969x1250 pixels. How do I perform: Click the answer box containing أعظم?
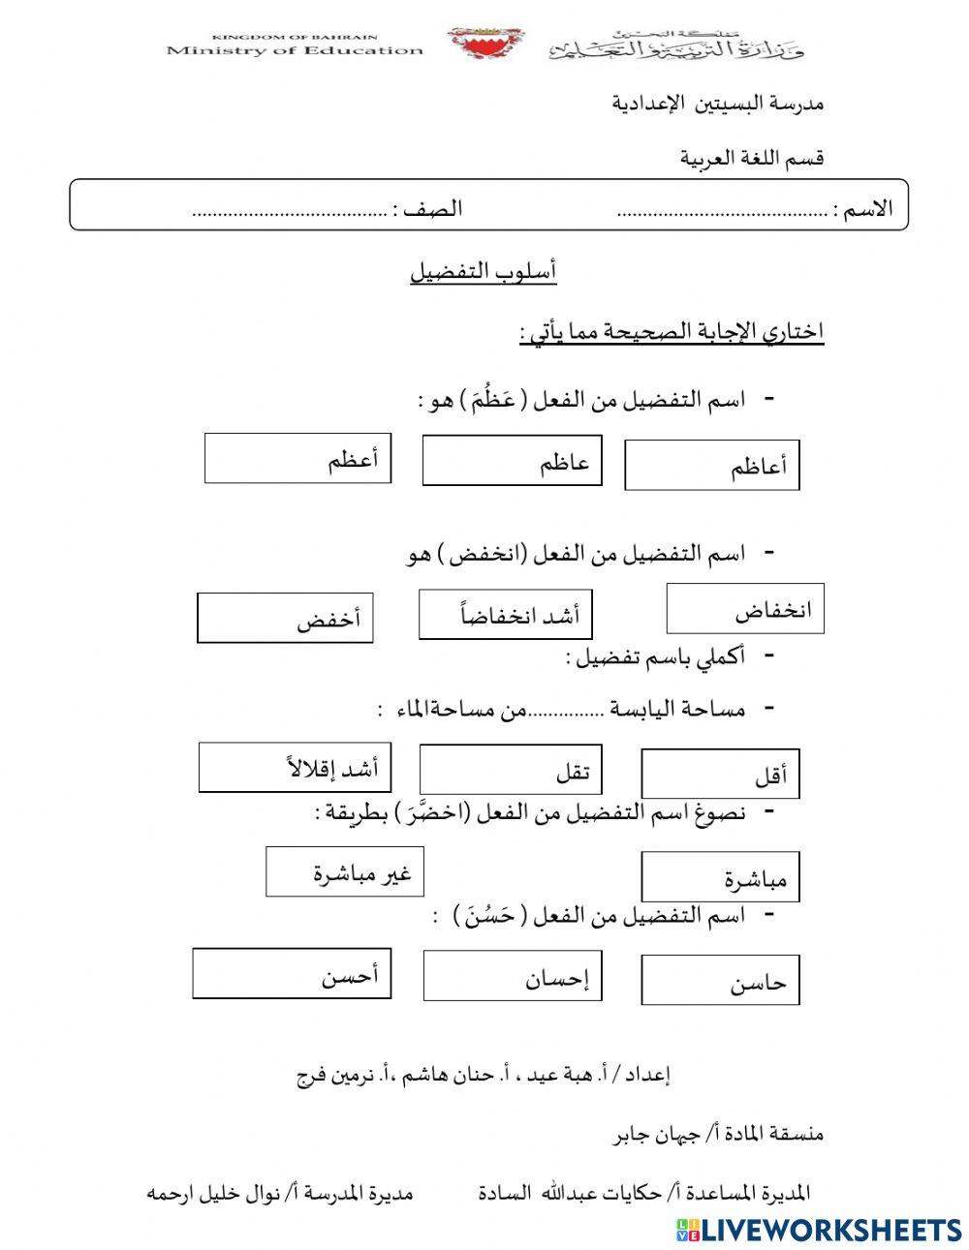pos(297,458)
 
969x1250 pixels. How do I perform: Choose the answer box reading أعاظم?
pos(711,466)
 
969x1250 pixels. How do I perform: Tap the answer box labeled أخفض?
pos(285,618)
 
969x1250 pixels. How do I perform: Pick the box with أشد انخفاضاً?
pos(505,615)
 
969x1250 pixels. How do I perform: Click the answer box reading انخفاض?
pos(744,609)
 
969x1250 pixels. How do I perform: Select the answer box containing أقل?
pos(720,774)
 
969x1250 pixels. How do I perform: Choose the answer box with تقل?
pos(510,769)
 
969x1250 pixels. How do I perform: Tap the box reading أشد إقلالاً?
pos(295,767)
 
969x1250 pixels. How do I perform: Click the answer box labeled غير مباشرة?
pos(345,871)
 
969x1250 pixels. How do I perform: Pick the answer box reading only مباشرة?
pos(720,877)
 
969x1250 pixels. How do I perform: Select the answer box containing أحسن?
pos(292,973)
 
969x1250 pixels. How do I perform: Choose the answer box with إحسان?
pos(512,976)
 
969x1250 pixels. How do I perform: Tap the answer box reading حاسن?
pos(720,982)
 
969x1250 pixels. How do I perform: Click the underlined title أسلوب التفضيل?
pos(483,272)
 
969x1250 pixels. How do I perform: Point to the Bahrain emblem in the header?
pos(485,43)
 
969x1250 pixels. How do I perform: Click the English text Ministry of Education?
pos(295,49)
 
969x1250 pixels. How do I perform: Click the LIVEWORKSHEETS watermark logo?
pos(818,1229)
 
